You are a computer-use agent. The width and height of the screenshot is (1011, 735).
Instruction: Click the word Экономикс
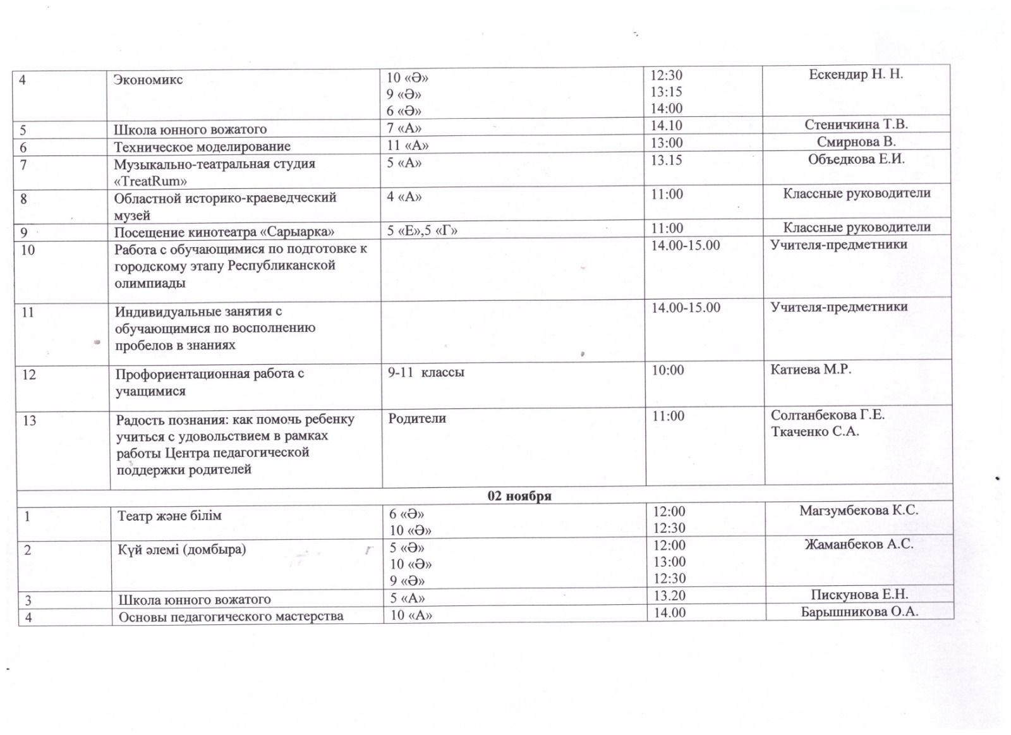(x=148, y=80)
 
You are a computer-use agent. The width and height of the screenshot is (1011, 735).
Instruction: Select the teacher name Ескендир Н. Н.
(x=856, y=75)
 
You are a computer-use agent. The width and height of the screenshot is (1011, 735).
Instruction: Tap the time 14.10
(x=667, y=126)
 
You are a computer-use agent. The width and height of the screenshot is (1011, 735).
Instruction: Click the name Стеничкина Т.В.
(x=856, y=125)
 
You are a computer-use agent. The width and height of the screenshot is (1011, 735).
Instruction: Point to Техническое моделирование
(x=202, y=147)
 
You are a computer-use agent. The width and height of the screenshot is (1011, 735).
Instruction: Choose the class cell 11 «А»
(x=408, y=145)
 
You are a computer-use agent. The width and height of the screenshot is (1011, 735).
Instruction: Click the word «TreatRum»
(x=150, y=181)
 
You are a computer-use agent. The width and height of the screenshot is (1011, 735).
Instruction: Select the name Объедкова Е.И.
(x=856, y=159)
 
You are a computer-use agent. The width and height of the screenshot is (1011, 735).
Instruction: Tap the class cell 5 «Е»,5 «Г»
(x=422, y=231)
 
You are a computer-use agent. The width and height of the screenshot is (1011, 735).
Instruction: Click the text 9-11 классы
(x=426, y=372)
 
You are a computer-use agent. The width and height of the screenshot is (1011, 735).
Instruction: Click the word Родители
(x=417, y=418)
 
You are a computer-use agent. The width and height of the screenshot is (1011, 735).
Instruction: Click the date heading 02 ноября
(x=519, y=496)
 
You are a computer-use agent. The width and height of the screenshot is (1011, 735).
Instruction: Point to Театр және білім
(x=169, y=516)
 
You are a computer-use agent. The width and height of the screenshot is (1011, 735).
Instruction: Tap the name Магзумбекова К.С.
(x=858, y=511)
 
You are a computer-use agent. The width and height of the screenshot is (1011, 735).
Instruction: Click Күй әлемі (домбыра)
(x=181, y=549)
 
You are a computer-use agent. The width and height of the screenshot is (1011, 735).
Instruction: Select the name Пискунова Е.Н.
(x=859, y=595)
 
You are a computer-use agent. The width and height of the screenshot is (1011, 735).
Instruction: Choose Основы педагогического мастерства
(x=231, y=616)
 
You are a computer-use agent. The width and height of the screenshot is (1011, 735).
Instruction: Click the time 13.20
(x=669, y=595)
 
